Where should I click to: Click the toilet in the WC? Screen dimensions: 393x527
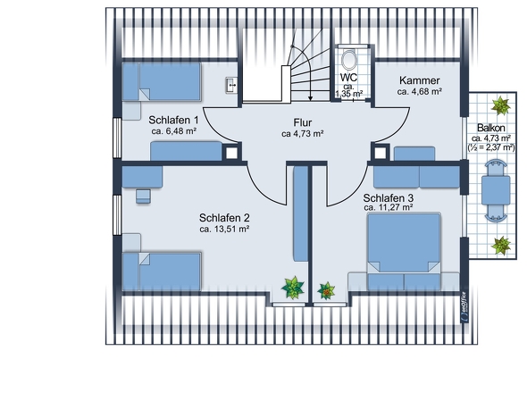point(349,61)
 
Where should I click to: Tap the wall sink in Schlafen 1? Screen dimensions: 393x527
point(230,86)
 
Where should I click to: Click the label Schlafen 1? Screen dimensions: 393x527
point(173,119)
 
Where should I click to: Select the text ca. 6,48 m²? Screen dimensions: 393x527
point(173,130)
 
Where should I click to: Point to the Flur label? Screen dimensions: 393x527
point(302,122)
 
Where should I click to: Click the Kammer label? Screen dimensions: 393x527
point(419,79)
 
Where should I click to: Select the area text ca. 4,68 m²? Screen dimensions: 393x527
point(419,91)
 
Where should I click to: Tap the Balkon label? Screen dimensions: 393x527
point(491,128)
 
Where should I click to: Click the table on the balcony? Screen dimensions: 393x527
point(495,189)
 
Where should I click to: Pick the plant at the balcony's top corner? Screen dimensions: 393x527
point(503,105)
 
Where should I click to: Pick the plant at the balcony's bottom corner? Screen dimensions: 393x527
point(502,243)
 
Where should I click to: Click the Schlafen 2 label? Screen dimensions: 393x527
point(224,217)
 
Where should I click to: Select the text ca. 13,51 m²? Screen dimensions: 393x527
point(224,229)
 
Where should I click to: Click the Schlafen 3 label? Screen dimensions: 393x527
point(388,196)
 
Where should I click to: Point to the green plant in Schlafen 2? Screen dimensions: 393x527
point(292,288)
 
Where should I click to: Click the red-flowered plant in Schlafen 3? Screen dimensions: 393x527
point(327,289)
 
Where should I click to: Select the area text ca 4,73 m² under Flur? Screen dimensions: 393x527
point(302,134)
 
